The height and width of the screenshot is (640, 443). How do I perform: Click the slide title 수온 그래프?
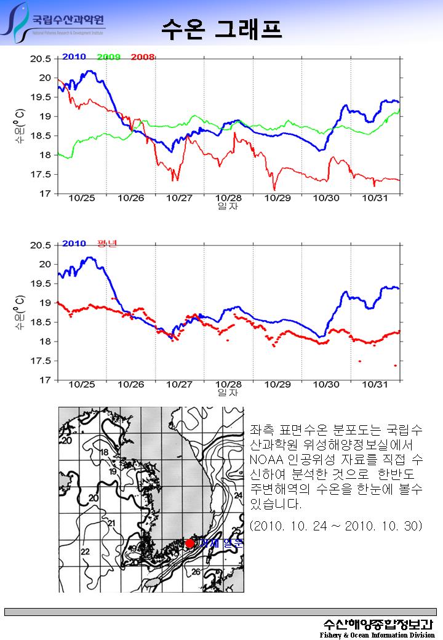pyautogui.click(x=221, y=28)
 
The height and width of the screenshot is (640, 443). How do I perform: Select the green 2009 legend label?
pyautogui.click(x=108, y=57)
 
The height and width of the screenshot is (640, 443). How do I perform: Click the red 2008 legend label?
pyautogui.click(x=142, y=57)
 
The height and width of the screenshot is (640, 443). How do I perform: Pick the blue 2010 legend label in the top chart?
pyautogui.click(x=74, y=57)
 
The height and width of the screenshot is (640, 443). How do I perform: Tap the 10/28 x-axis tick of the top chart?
pyautogui.click(x=228, y=198)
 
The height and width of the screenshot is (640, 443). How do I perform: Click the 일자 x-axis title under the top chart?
pyautogui.click(x=228, y=206)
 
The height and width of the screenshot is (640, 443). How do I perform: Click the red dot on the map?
pyautogui.click(x=190, y=543)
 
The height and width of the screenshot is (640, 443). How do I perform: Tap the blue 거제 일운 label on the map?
pyautogui.click(x=220, y=543)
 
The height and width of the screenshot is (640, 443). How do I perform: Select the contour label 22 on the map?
pyautogui.click(x=84, y=551)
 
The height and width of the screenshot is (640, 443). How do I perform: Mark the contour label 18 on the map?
pyautogui.click(x=104, y=452)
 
